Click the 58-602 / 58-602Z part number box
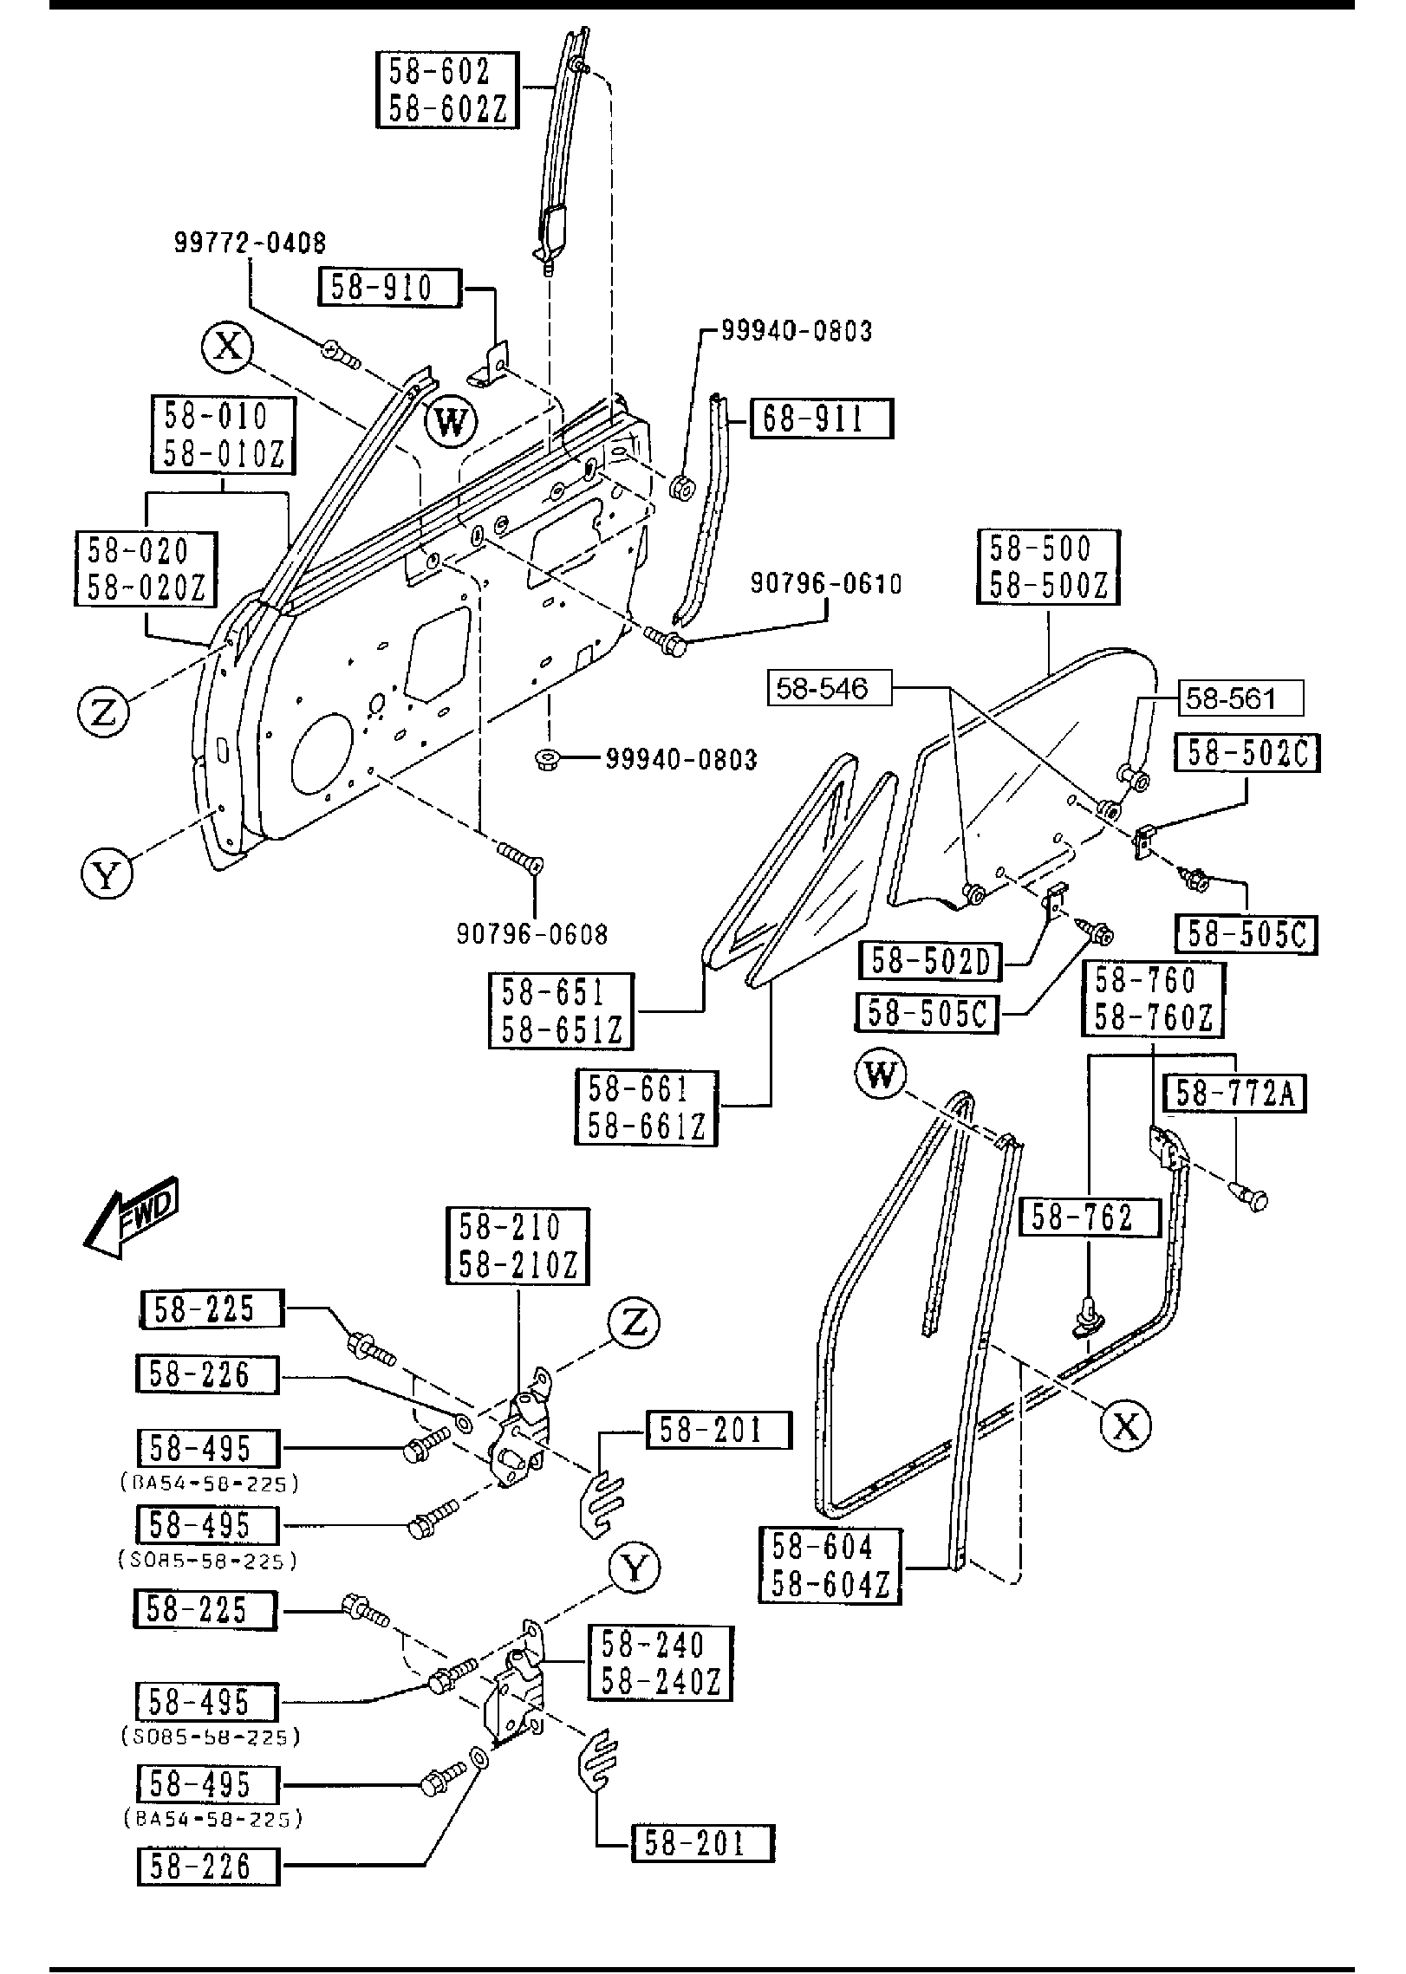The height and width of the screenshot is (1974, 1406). click(x=447, y=90)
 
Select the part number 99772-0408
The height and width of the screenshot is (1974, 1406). click(x=250, y=242)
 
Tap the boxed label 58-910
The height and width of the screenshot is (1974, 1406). click(x=388, y=287)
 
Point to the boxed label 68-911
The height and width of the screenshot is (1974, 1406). click(x=820, y=419)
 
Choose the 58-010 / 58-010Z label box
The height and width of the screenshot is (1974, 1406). click(x=223, y=435)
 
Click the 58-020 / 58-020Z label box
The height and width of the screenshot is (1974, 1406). click(x=146, y=569)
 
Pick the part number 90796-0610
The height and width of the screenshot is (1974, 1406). click(x=825, y=583)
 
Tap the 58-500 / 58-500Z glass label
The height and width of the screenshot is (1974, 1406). click(x=1048, y=568)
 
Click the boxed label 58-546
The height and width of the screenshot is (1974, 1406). click(x=829, y=689)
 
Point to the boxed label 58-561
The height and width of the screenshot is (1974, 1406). click(x=1240, y=698)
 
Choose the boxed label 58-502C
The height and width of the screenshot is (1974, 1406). click(x=1247, y=753)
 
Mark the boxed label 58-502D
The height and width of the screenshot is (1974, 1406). click(x=930, y=961)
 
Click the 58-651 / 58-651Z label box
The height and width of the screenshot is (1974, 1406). click(x=561, y=1010)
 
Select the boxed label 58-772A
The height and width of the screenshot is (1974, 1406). click(x=1234, y=1094)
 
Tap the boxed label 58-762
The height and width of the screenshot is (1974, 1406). click(x=1090, y=1218)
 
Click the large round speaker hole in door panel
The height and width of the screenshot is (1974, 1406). click(x=323, y=754)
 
